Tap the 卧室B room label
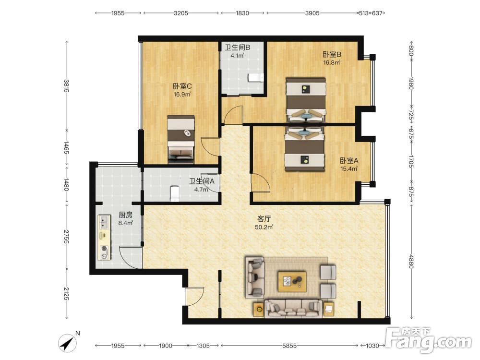[332, 55]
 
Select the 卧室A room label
[349, 160]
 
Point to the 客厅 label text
[264, 219]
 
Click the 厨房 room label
[125, 215]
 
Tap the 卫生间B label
[237, 48]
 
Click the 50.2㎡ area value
[264, 227]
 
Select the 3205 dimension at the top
[181, 13]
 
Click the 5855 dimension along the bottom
[289, 346]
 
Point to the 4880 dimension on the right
[411, 262]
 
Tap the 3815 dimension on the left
[66, 86]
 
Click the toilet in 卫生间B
[256, 78]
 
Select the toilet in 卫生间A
[175, 193]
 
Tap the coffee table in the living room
[292, 281]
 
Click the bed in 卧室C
[181, 139]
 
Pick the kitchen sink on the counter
[104, 222]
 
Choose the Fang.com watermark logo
[428, 340]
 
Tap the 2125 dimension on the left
[66, 294]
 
